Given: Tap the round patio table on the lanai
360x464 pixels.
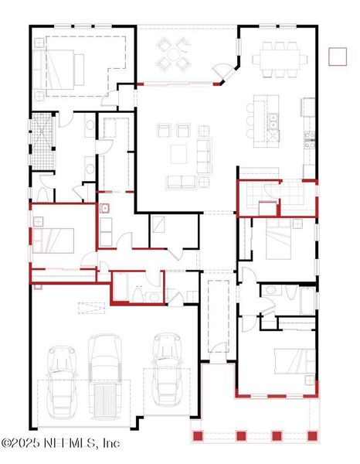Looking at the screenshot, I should [x=174, y=55].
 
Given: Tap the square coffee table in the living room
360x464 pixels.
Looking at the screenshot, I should [x=178, y=152].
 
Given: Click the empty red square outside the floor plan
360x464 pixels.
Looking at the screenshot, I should [x=337, y=56].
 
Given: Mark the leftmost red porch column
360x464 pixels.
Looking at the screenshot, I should [x=198, y=436].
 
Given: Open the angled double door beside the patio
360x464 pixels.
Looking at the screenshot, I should [x=222, y=74].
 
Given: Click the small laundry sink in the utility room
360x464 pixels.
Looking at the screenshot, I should [x=104, y=208].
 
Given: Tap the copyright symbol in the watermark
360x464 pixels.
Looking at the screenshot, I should [x=7, y=444].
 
